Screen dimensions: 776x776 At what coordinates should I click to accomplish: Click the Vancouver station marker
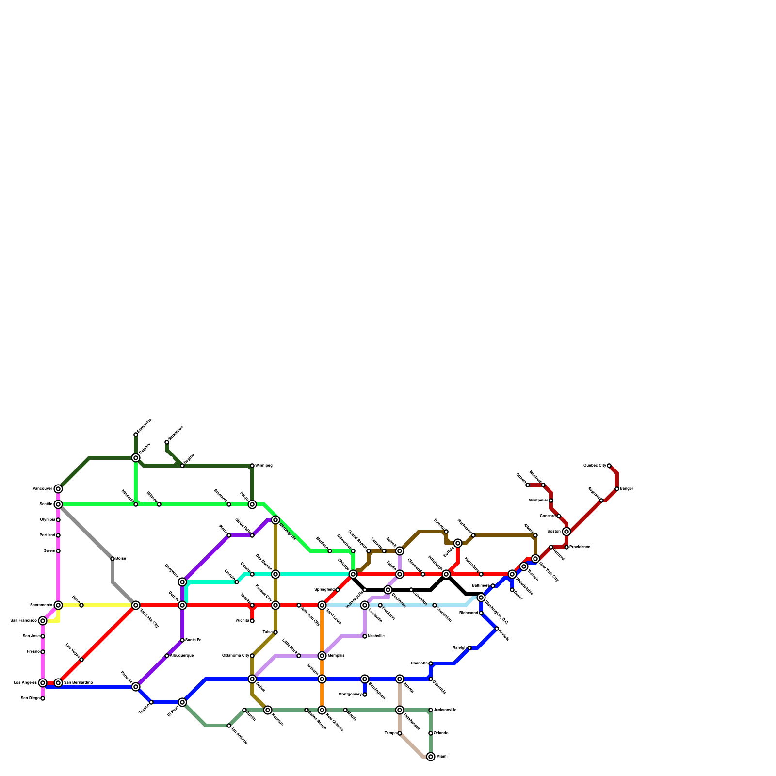58,489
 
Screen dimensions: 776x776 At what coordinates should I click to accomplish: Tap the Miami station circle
431,757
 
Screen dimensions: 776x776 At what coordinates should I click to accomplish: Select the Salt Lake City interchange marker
136,605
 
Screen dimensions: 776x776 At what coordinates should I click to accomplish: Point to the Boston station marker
566,532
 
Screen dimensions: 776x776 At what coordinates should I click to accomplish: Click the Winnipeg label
264,466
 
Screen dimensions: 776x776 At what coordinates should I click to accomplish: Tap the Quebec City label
595,466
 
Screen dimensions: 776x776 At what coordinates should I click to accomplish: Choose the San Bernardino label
78,683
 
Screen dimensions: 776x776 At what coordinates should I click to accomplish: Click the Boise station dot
113,559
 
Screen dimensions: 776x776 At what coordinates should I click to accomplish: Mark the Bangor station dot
617,489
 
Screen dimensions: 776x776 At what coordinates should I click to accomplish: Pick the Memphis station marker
322,656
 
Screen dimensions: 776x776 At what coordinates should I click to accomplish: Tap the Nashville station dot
365,636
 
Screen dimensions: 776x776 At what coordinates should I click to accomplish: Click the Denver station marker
182,605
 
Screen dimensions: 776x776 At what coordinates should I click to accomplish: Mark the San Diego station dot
43,698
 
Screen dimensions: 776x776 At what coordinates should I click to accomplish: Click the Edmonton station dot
136,435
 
